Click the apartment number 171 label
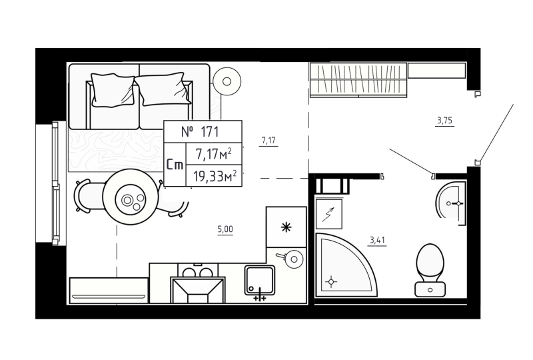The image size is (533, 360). [x=202, y=132]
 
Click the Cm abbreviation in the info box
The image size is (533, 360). [x=175, y=165]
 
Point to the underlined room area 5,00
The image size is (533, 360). [x=225, y=229]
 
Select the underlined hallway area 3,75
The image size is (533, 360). [x=444, y=121]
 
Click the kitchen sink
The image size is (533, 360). [x=260, y=279]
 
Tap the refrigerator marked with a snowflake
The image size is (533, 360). [x=286, y=227]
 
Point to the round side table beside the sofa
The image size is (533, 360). [x=227, y=81]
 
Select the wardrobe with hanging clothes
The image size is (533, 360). [x=358, y=80]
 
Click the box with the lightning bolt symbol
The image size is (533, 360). [x=328, y=214]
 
